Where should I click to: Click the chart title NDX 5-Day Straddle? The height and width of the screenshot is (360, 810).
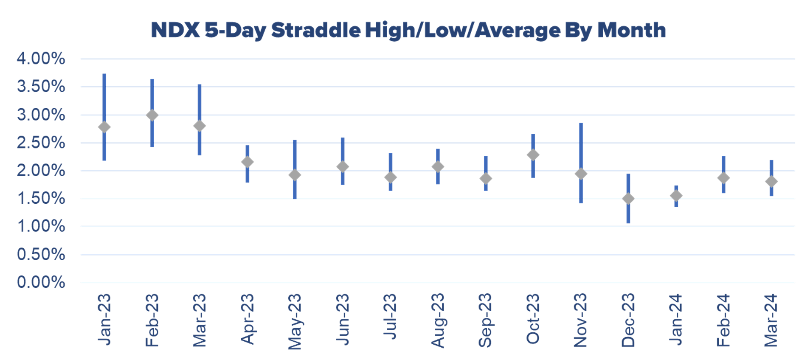pyautogui.click(x=408, y=31)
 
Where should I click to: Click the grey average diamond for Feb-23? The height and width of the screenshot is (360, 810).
pyautogui.click(x=152, y=115)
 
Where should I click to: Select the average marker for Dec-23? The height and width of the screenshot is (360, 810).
pyautogui.click(x=628, y=199)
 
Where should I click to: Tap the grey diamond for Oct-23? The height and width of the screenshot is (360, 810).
pyautogui.click(x=533, y=155)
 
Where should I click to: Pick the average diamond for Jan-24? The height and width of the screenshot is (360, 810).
pyautogui.click(x=676, y=196)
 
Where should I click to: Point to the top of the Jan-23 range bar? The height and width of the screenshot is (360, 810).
pyautogui.click(x=104, y=75)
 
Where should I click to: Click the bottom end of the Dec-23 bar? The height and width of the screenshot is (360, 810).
pyautogui.click(x=628, y=222)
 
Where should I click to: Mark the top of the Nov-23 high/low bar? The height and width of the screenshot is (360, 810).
pyautogui.click(x=581, y=124)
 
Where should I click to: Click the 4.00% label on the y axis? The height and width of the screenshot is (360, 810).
pyautogui.click(x=41, y=59)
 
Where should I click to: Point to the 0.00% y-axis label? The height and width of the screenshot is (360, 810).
pyautogui.click(x=41, y=282)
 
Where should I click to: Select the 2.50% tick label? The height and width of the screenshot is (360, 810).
pyautogui.click(x=41, y=143)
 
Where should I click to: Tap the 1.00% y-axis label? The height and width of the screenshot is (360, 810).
pyautogui.click(x=41, y=226)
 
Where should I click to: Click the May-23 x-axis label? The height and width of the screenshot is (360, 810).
pyautogui.click(x=295, y=321)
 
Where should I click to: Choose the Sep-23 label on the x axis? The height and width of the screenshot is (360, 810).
pyautogui.click(x=485, y=320)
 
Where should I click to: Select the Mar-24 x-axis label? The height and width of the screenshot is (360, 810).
pyautogui.click(x=771, y=320)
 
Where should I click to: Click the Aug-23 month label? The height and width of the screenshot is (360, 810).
pyautogui.click(x=438, y=320)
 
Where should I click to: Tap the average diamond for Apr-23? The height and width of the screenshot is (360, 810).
pyautogui.click(x=247, y=162)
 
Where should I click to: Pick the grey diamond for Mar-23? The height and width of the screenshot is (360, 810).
pyautogui.click(x=200, y=126)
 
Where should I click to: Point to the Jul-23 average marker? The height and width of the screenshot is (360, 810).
pyautogui.click(x=391, y=177)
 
